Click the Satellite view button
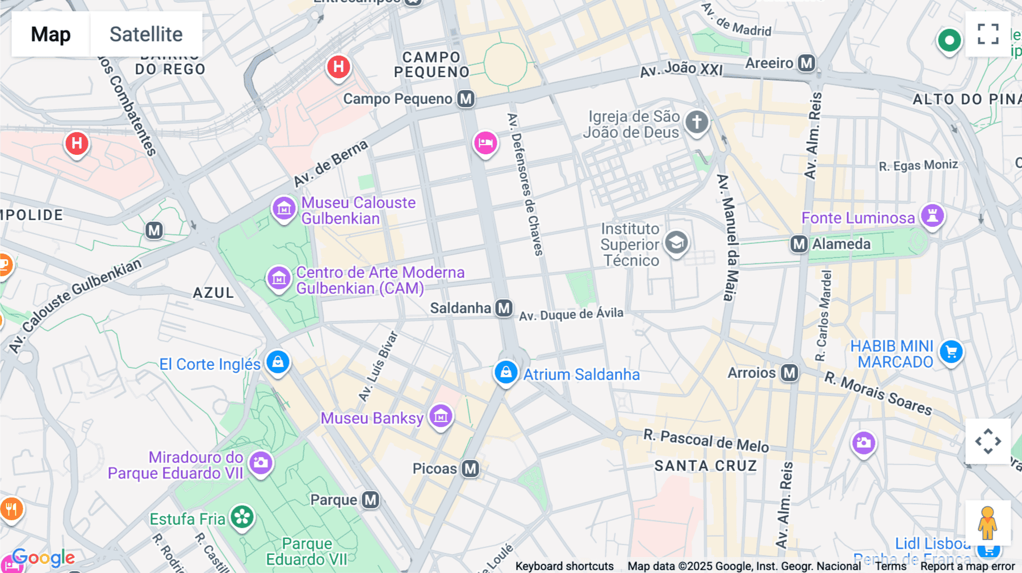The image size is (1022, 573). pyautogui.click(x=146, y=34)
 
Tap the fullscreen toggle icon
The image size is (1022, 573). pyautogui.click(x=988, y=34)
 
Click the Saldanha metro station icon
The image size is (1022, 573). pyautogui.click(x=504, y=308)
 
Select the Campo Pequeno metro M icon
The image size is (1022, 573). pyautogui.click(x=466, y=99)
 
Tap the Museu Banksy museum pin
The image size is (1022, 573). pyautogui.click(x=441, y=416)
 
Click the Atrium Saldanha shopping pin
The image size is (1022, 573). pyautogui.click(x=505, y=372)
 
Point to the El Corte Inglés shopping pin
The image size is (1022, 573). pyautogui.click(x=278, y=361)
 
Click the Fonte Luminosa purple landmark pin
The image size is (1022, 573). pyautogui.click(x=932, y=216)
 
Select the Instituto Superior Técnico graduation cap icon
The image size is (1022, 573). pyautogui.click(x=676, y=243)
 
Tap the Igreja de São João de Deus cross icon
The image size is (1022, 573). pyautogui.click(x=697, y=121)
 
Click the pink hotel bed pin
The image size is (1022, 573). pyautogui.click(x=485, y=142)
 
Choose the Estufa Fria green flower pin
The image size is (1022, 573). pyautogui.click(x=242, y=516)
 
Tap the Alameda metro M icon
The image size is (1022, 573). pyautogui.click(x=799, y=244)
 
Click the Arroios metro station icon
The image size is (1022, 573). pyautogui.click(x=789, y=373)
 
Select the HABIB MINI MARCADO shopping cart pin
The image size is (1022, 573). pyautogui.click(x=951, y=352)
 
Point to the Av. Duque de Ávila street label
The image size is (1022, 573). pyautogui.click(x=571, y=314)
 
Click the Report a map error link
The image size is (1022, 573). pyautogui.click(x=967, y=566)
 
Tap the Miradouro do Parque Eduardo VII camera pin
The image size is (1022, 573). pyautogui.click(x=261, y=462)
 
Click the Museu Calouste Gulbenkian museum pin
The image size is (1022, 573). pyautogui.click(x=284, y=209)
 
